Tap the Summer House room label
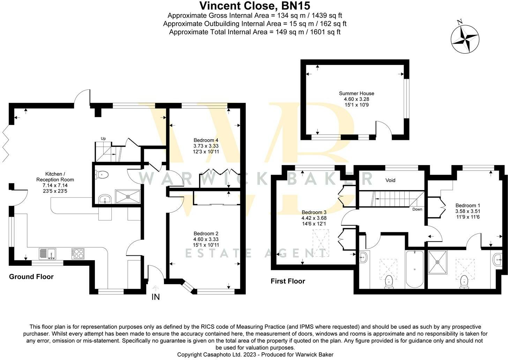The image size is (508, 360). coord(357,93)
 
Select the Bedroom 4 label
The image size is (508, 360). coord(206,140)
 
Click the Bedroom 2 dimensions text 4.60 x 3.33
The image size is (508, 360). coord(206,239)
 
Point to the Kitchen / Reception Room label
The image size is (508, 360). coord(55,177)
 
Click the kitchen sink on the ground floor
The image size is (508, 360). coord(47,254)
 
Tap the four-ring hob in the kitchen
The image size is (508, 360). coord(78,254)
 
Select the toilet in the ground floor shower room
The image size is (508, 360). coord(103,174)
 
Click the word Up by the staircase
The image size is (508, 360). coord(103,138)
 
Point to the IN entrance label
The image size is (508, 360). coord(156,297)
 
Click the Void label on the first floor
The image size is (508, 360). coord(390,180)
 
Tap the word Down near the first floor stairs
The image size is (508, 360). coord(417,209)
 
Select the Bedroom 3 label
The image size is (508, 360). coord(314,212)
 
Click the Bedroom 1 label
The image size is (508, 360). coord(468,205)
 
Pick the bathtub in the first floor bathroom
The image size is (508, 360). coord(414,269)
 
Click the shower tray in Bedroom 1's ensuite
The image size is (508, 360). coord(438,262)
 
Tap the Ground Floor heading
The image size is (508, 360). coord(31,277)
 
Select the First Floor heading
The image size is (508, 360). coord(288,281)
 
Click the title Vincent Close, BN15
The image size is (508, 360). coord(255,6)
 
